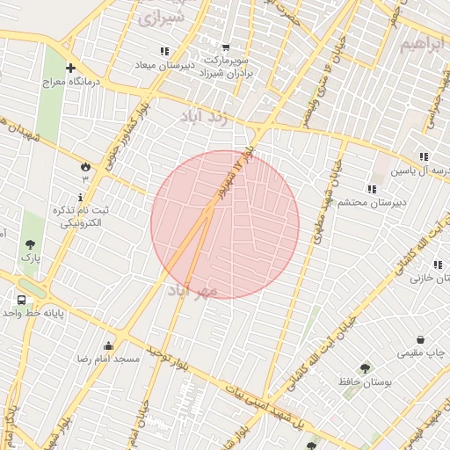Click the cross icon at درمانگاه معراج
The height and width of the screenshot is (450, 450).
(x=70, y=69)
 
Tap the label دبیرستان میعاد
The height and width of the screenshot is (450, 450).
(x=164, y=65)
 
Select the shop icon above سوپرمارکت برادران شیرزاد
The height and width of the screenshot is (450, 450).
(x=226, y=47)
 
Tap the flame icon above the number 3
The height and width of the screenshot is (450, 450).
(x=85, y=165)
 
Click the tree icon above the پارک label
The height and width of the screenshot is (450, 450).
(x=31, y=244)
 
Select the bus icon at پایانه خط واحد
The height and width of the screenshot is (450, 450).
(x=20, y=300)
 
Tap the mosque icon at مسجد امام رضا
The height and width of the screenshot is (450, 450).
(x=109, y=345)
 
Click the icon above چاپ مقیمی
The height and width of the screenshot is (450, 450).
(x=420, y=339)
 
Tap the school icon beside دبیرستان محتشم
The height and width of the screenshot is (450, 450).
(x=372, y=188)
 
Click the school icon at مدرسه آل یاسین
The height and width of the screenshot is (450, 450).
(x=424, y=156)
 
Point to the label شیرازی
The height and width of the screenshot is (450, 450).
(x=162, y=18)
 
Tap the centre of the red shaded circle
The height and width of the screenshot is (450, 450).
(x=225, y=224)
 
